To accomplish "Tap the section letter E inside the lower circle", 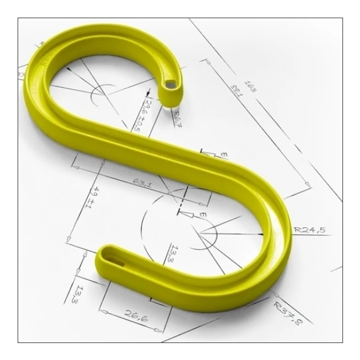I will (202, 214).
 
